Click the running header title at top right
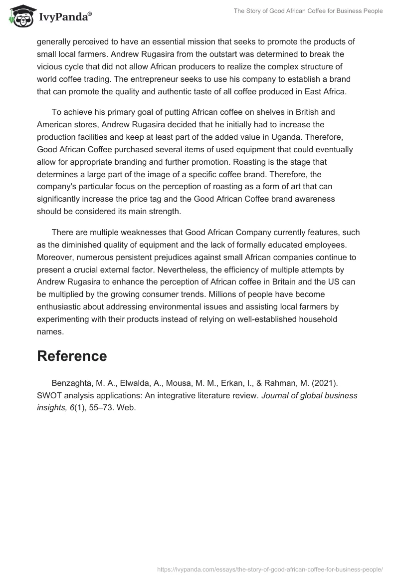tap(307, 11)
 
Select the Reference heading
tap(72, 356)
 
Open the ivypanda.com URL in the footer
tap(270, 569)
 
